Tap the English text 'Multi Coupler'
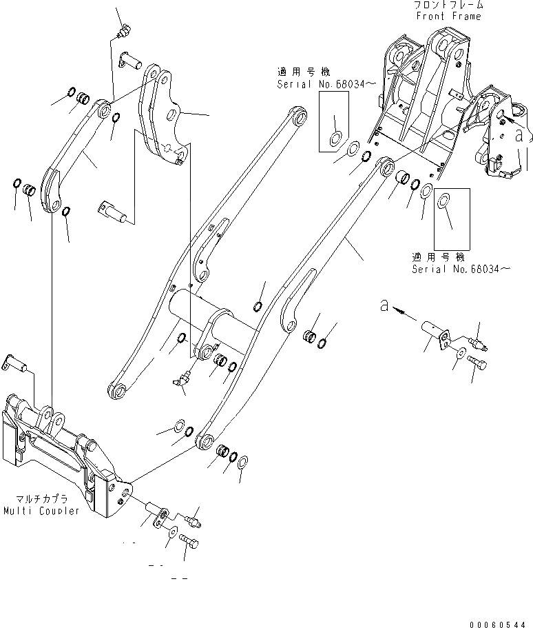tap(40, 511)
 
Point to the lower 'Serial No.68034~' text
tap(461, 268)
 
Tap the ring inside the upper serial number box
tap(337, 138)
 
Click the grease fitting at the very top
tap(124, 29)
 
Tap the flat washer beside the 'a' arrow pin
tap(459, 354)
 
